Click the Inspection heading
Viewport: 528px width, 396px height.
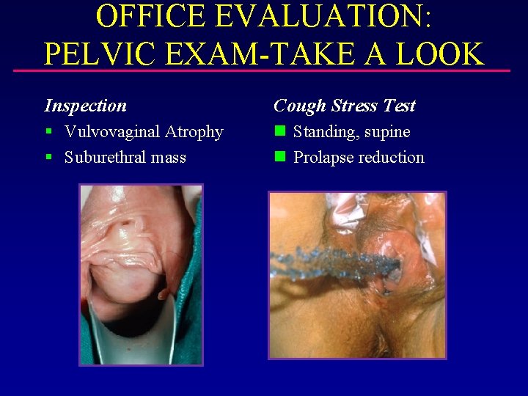(x=85, y=106)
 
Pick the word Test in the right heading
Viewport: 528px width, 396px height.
(x=400, y=106)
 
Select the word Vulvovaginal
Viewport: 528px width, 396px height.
(x=112, y=132)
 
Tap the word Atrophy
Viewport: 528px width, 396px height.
(x=194, y=133)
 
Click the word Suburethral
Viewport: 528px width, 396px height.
(x=106, y=157)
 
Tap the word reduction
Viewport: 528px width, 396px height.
(x=392, y=157)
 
